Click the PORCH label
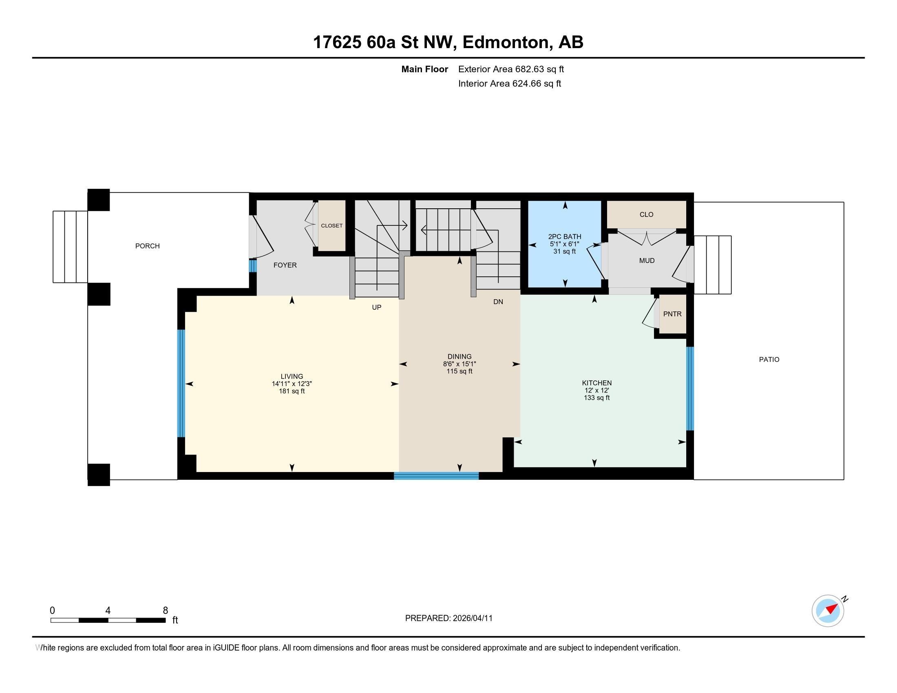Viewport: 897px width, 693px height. (148, 246)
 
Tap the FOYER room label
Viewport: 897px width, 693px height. (285, 265)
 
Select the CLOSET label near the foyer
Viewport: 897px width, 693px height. (331, 226)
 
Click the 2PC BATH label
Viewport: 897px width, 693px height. (564, 236)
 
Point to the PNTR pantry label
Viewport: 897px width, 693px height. (672, 314)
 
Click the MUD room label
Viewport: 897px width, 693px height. (647, 261)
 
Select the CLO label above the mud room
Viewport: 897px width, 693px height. (646, 215)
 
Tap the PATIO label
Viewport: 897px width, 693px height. (769, 360)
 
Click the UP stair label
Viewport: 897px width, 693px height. (376, 307)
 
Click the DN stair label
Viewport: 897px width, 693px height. (498, 302)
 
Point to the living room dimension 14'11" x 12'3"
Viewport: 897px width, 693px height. (292, 384)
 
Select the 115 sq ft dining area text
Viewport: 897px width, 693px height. (459, 371)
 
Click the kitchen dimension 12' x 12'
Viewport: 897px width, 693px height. (597, 391)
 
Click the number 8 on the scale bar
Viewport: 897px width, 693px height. (166, 611)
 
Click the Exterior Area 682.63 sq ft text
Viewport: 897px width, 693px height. (511, 69)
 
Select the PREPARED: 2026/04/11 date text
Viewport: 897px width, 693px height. (448, 618)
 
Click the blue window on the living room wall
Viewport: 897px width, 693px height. (181, 383)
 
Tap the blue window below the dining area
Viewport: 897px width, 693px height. (436, 476)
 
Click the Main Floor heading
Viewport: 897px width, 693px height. (424, 69)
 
